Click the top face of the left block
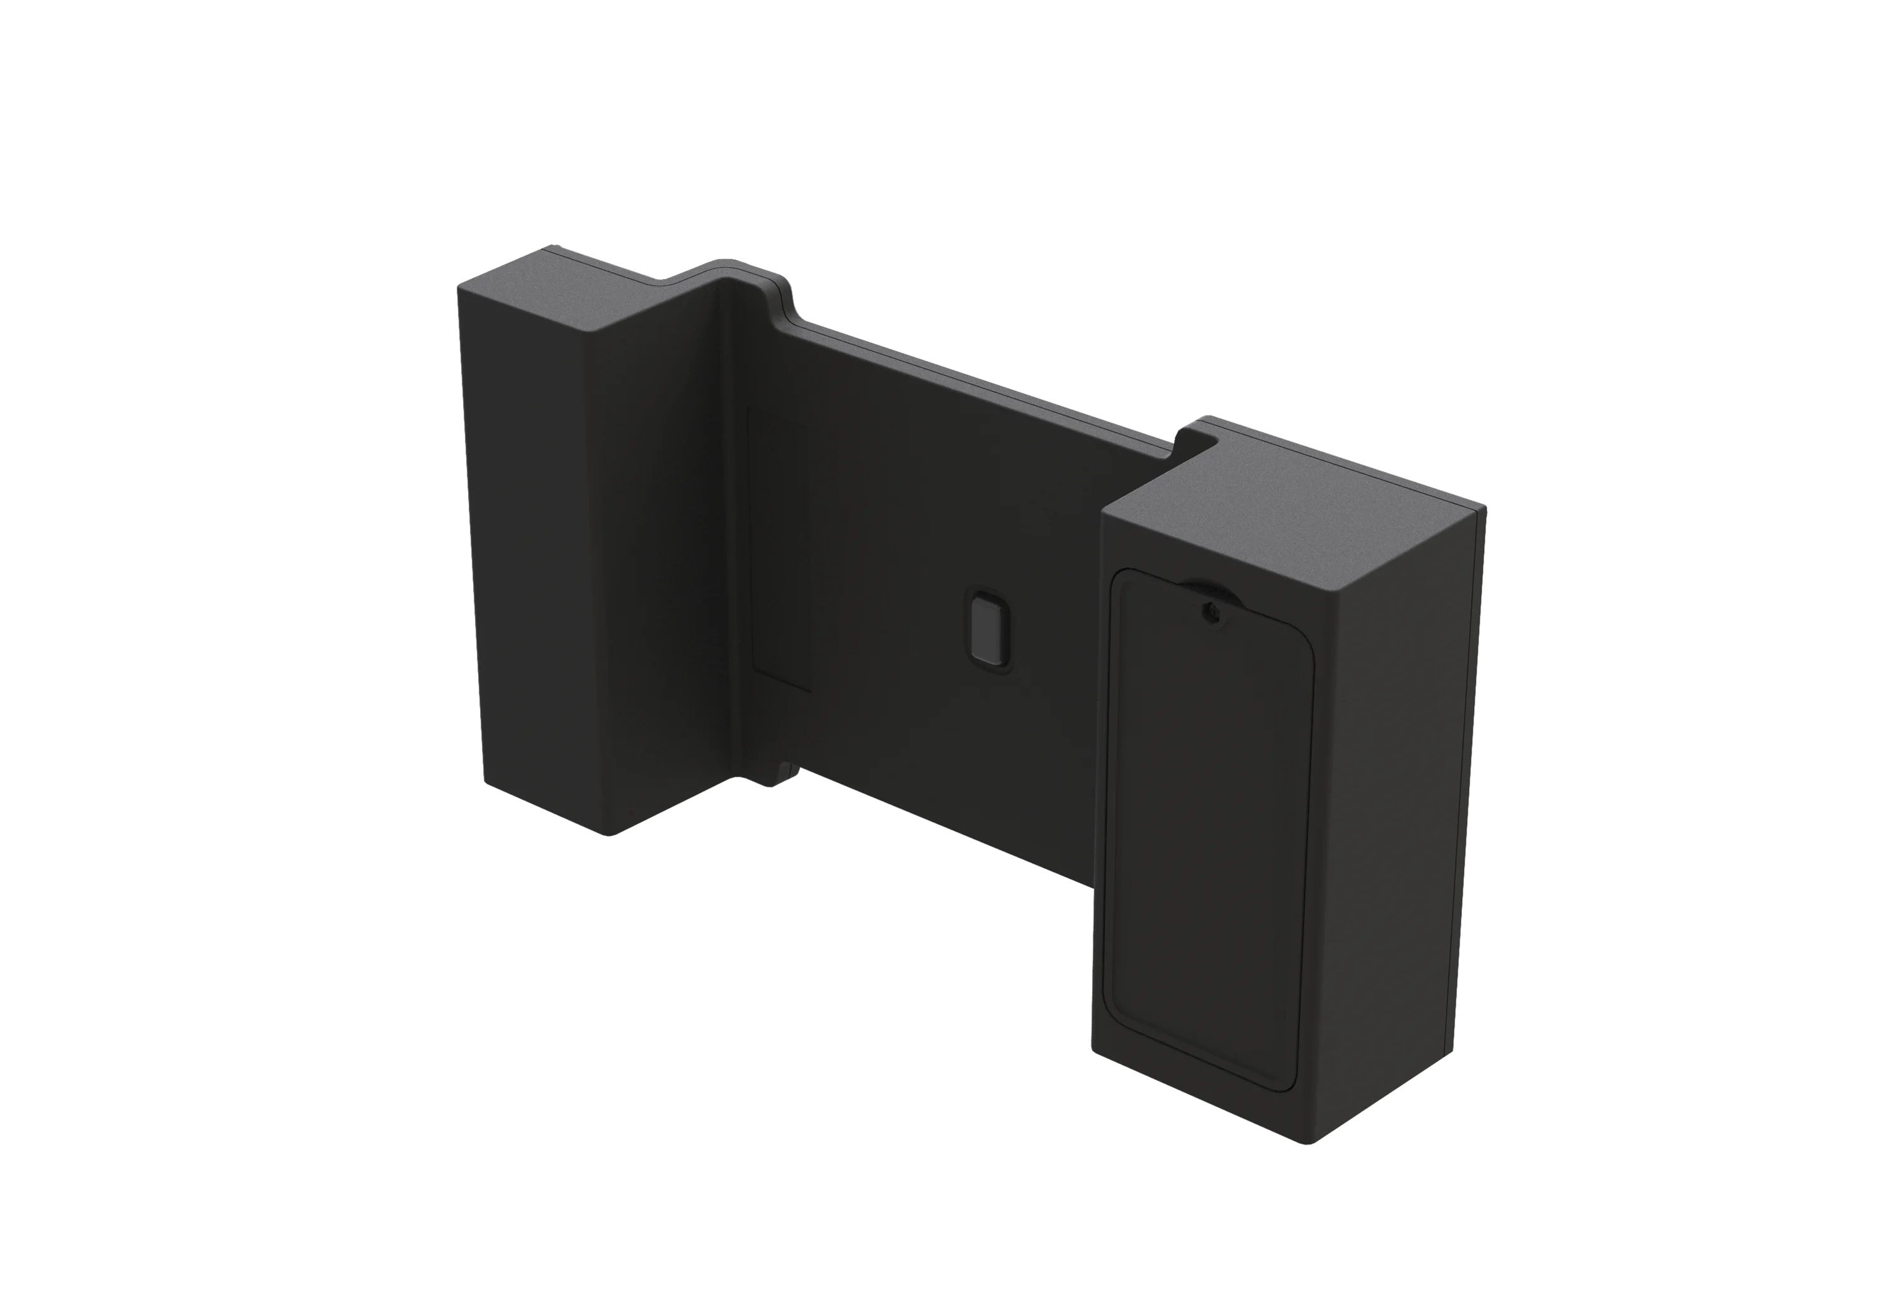click(x=573, y=290)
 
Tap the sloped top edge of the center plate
click(x=983, y=385)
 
